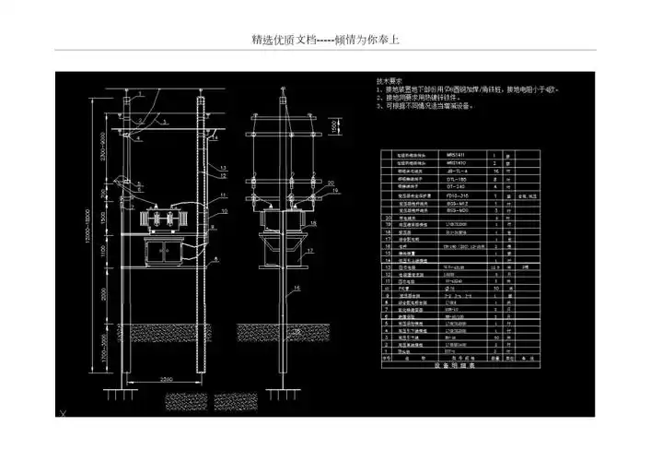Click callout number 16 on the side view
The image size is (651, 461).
point(297,288)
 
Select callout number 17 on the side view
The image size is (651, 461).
point(310,251)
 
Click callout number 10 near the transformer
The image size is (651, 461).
point(222,211)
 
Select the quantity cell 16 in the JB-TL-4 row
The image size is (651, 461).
point(494,171)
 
